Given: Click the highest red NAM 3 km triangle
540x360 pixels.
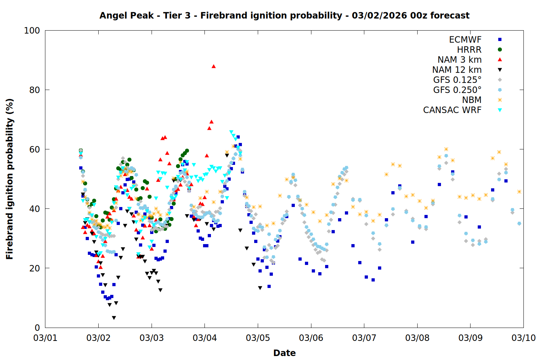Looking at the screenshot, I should click(x=213, y=66).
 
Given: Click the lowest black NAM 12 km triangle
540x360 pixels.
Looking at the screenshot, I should click(x=114, y=318).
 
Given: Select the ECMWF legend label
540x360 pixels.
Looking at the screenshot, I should click(x=465, y=40).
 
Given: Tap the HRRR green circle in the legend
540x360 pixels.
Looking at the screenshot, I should click(x=500, y=50).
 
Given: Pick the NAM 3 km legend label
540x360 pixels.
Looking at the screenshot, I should click(x=459, y=60).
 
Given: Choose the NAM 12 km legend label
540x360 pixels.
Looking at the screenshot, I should click(x=457, y=70).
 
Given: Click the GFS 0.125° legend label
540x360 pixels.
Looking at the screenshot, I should click(x=457, y=80).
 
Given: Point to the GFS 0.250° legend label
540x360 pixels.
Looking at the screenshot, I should click(x=457, y=90).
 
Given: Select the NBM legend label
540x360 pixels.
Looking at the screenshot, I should click(x=472, y=100).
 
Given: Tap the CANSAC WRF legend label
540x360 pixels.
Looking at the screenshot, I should click(x=452, y=110).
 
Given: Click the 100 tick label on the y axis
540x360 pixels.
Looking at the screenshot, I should click(x=32, y=31).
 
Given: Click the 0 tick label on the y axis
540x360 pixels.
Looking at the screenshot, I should click(x=37, y=328).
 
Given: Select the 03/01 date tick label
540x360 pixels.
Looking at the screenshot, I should click(x=45, y=338).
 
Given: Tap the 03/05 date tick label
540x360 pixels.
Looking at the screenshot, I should click(x=258, y=338).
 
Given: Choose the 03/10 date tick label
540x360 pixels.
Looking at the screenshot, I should click(x=523, y=338).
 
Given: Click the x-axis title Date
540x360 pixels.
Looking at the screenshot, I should click(x=284, y=353).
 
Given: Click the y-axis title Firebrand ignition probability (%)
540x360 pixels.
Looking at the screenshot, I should click(x=10, y=179).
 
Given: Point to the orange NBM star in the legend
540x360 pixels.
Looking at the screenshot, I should click(x=500, y=100).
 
